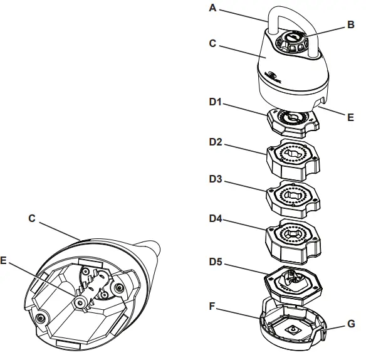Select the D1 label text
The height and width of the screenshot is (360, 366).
(x=216, y=102)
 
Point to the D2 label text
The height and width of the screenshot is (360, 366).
(x=216, y=143)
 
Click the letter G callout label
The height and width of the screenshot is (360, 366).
(x=351, y=324)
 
